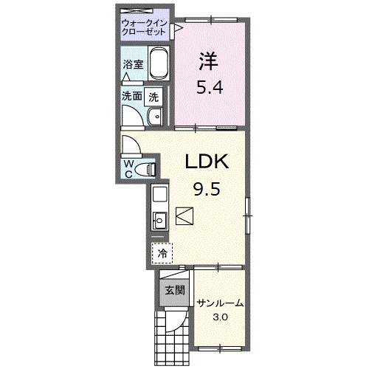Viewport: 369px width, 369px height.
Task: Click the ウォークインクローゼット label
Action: (144, 27)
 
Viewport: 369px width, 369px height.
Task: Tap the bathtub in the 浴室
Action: (159, 63)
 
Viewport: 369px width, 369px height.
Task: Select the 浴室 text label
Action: (133, 65)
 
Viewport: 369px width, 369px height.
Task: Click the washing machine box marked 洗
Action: (154, 97)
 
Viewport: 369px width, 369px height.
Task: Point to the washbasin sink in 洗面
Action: (155, 117)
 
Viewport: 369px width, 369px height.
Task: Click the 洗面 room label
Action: (132, 96)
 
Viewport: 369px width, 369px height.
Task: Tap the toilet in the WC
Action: (146, 169)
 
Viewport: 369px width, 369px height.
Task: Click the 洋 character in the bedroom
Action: (209, 61)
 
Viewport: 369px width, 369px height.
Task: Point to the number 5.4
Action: (210, 87)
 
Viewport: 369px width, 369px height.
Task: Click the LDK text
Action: (207, 162)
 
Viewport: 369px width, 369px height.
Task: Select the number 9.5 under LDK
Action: (207, 189)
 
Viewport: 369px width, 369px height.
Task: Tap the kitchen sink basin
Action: (159, 220)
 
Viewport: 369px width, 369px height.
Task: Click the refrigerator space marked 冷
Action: (162, 253)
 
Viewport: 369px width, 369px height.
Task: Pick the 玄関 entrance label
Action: (175, 291)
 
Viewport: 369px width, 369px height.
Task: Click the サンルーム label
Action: (221, 304)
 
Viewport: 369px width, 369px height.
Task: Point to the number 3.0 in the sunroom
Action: (221, 317)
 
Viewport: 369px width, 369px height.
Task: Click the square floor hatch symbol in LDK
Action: (184, 216)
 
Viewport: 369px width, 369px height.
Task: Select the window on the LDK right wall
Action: (248, 215)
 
